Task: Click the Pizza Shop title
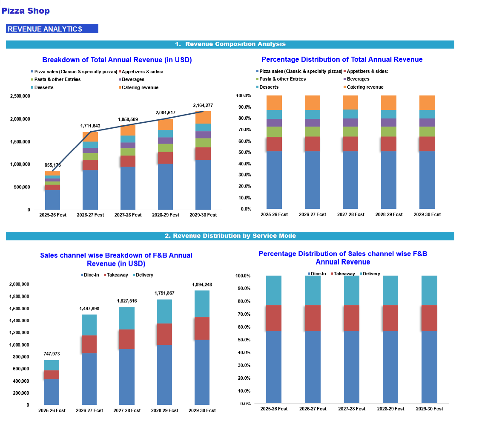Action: click(x=26, y=11)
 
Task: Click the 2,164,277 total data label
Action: click(x=203, y=105)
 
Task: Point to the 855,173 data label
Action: click(x=52, y=165)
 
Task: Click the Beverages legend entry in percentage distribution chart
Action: click(x=358, y=79)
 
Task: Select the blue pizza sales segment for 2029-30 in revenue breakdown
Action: click(x=203, y=185)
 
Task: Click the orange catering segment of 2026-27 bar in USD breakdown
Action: click(x=90, y=136)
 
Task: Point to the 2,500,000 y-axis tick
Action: click(x=20, y=96)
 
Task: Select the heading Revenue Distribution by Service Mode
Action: click(x=230, y=236)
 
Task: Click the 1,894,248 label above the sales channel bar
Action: click(x=202, y=285)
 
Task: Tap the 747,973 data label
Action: click(x=52, y=354)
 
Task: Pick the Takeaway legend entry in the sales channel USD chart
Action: click(x=117, y=275)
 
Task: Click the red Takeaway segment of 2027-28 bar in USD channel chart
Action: click(x=126, y=339)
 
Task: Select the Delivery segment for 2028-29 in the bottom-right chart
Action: click(x=390, y=290)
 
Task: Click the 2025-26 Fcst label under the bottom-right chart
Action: click(x=274, y=409)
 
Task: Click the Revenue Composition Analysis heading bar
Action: click(x=230, y=44)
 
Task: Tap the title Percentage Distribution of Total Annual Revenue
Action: click(x=342, y=60)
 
